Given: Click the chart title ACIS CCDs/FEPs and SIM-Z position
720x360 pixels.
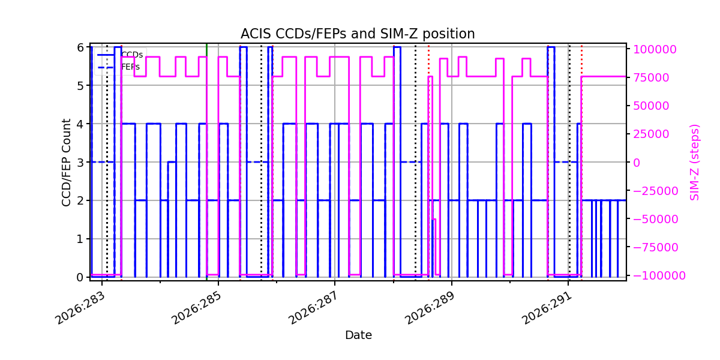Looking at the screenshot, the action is (358, 34).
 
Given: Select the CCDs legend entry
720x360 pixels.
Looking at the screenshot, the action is (120, 55).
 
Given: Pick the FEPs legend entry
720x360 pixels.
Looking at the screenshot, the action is (119, 67).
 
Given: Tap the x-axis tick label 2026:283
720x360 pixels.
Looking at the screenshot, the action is (80, 308).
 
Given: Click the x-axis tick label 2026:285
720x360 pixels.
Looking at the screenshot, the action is (197, 308).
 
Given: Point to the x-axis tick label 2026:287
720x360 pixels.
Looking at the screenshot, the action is (313, 308).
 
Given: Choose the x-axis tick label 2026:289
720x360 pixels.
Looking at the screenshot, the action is (430, 308).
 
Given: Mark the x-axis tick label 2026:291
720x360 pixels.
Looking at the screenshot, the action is (547, 308).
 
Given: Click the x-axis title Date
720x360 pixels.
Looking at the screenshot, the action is (358, 335).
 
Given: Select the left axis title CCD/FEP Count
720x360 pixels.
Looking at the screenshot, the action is (66, 163).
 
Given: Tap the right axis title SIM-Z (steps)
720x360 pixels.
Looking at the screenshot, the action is (695, 163).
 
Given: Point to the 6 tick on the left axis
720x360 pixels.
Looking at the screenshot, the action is (80, 47).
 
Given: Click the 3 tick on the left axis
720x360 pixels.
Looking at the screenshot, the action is (80, 163).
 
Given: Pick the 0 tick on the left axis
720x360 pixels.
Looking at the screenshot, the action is (80, 277).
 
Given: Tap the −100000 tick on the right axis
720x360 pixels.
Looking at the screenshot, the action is (659, 275).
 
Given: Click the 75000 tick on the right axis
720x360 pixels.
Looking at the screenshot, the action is (651, 78).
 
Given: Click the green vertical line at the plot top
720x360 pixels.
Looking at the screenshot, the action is (206, 50).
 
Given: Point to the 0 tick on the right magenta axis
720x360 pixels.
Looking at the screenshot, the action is (637, 163).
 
